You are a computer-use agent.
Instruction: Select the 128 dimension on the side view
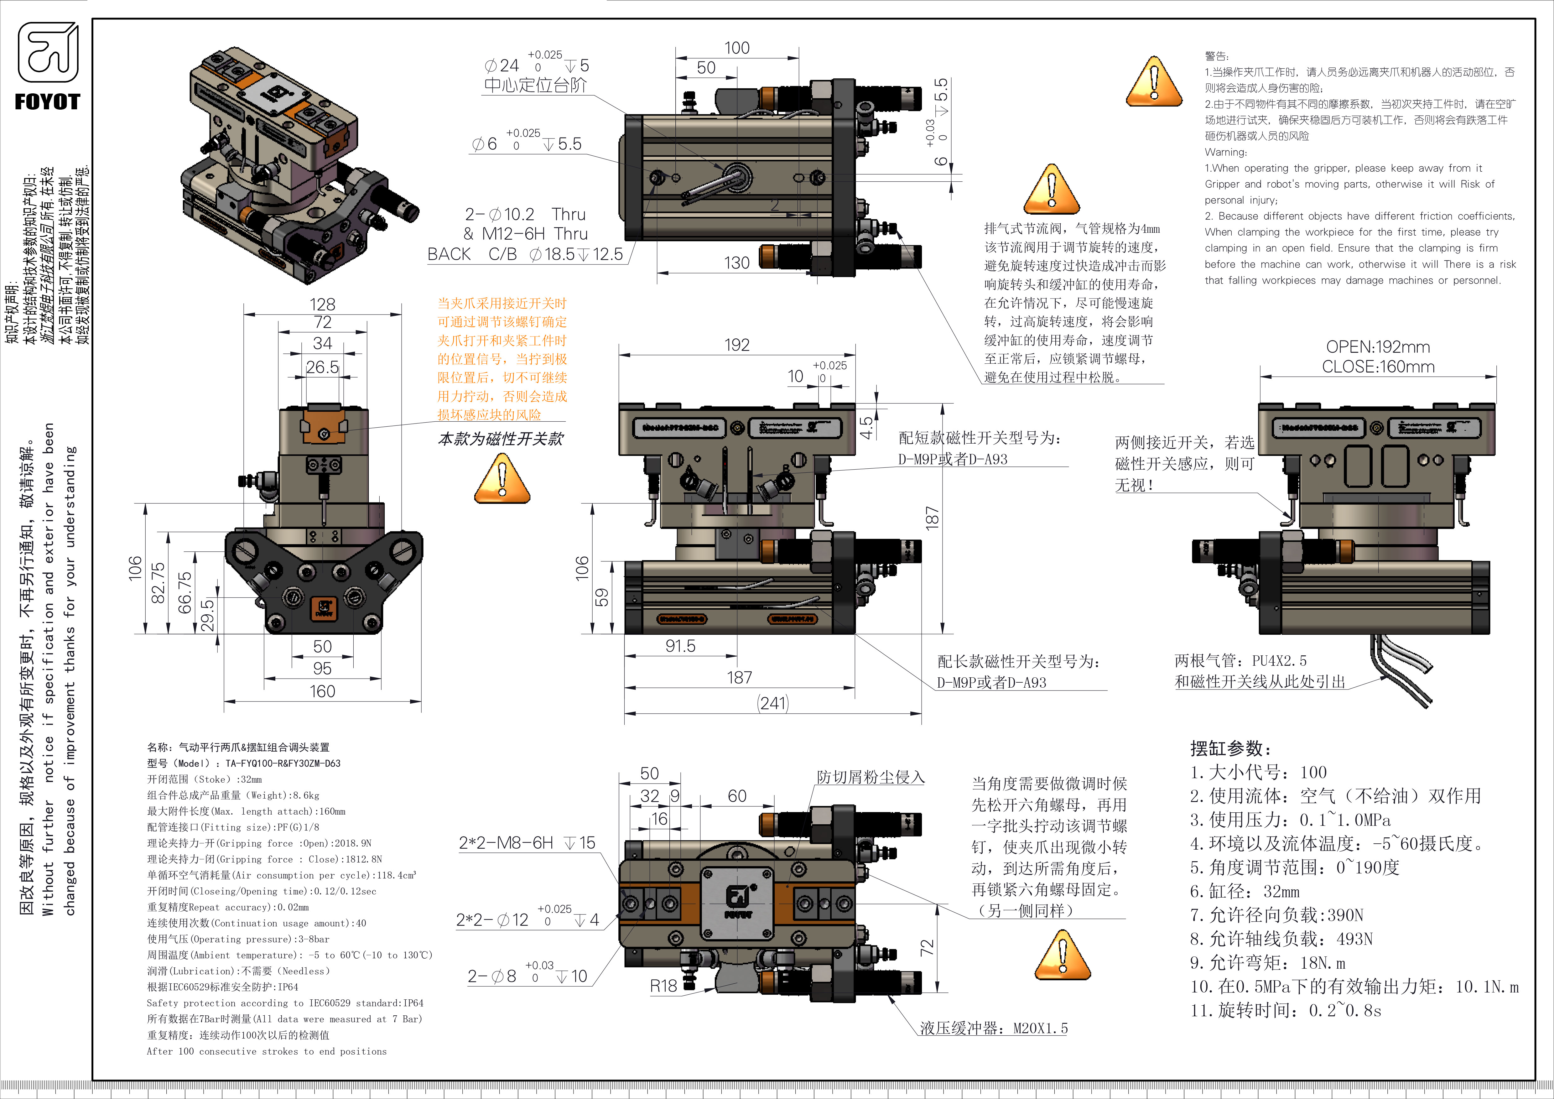pyautogui.click(x=322, y=305)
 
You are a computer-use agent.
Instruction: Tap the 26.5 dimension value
pyautogui.click(x=322, y=367)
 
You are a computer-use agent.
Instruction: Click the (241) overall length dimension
pyautogui.click(x=773, y=703)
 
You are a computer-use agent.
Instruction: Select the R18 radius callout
pyautogui.click(x=663, y=986)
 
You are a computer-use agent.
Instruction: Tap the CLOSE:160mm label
pyautogui.click(x=1378, y=367)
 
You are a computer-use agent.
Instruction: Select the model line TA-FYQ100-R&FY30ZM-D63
pyautogui.click(x=244, y=763)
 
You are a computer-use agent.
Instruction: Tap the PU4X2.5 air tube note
pyautogui.click(x=1241, y=660)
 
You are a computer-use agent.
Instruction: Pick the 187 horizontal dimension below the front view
pyautogui.click(x=739, y=677)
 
